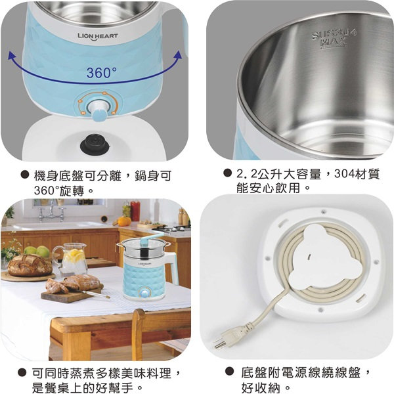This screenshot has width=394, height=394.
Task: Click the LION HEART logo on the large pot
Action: coord(98,37)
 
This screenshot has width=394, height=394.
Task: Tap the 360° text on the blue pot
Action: coord(102,73)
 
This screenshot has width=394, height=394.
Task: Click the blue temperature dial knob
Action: coord(98,110)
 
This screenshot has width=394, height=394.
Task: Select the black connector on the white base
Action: coord(95,144)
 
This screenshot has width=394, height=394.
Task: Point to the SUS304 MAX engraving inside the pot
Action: coord(334,39)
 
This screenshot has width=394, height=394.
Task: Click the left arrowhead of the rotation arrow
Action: coord(12,56)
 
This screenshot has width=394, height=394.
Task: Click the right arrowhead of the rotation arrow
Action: coord(178,55)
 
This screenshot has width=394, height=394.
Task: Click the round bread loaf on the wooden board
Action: coord(30,265)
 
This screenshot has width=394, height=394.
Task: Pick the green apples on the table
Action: coord(37,252)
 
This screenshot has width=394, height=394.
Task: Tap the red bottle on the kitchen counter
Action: coord(135,211)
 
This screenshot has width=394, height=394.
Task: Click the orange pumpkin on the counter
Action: coord(124,221)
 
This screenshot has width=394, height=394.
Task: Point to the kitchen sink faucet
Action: coord(51,211)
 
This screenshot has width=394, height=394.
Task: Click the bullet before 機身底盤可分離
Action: coord(24,175)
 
